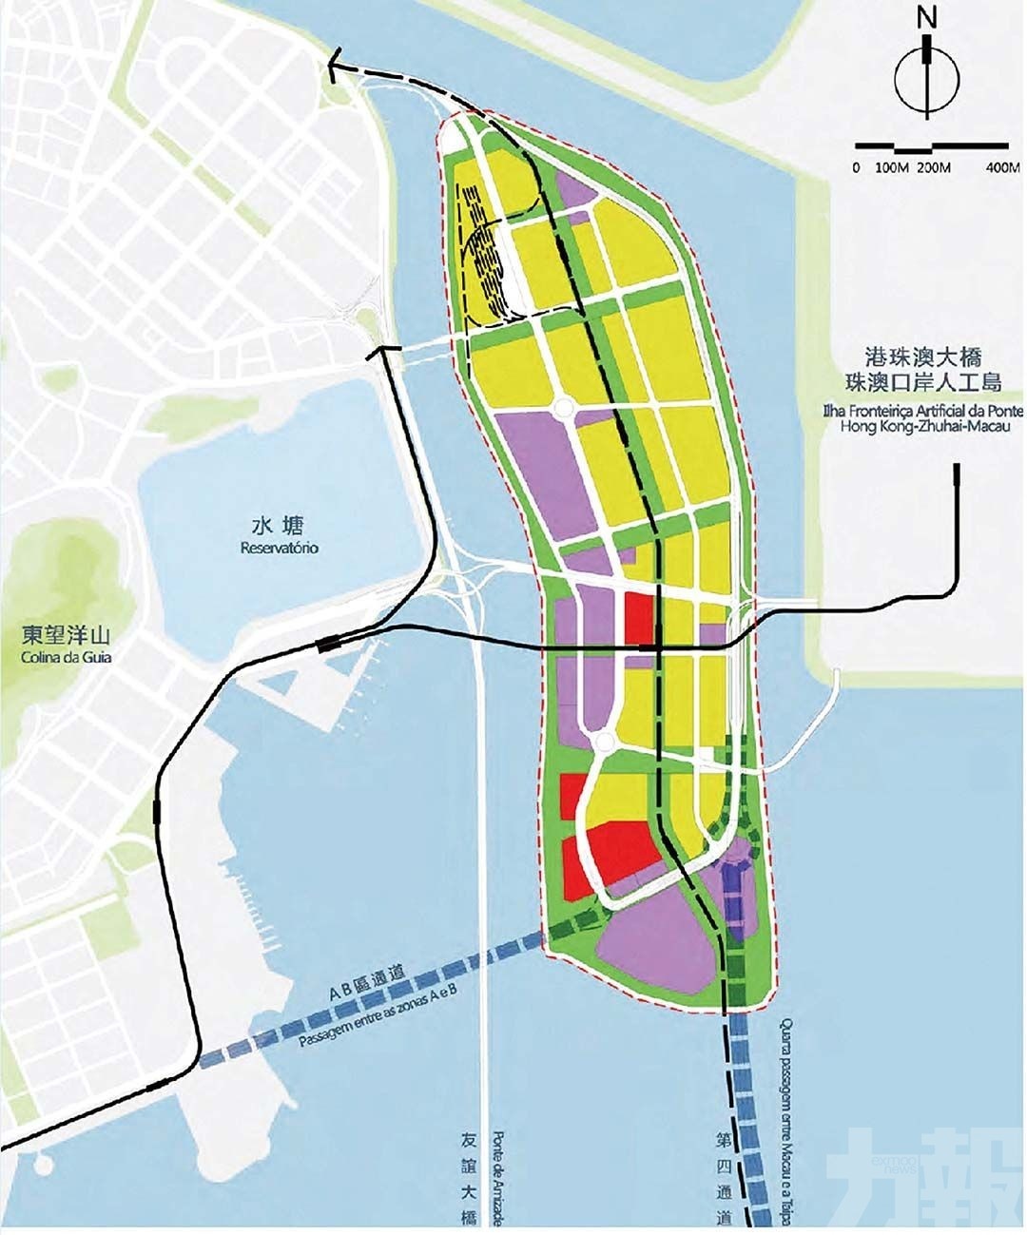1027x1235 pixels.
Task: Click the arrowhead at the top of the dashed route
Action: click(334, 65)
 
